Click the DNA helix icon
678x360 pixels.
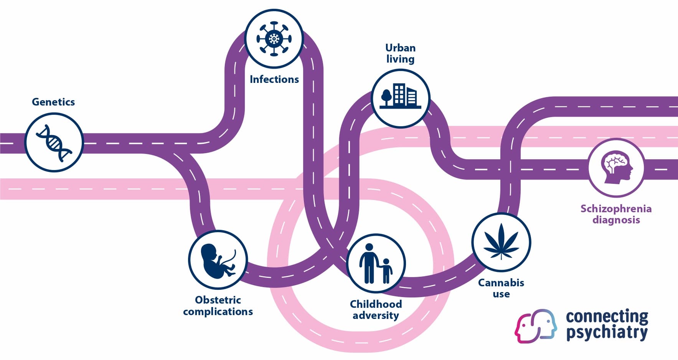click(54, 142)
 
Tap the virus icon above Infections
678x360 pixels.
click(274, 39)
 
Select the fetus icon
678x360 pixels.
click(218, 260)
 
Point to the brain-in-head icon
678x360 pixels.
click(616, 168)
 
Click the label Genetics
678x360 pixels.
click(53, 102)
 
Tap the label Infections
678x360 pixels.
click(274, 79)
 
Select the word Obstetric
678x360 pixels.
click(218, 300)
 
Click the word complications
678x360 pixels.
click(218, 311)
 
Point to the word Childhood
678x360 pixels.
click(376, 304)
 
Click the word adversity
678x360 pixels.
click(376, 315)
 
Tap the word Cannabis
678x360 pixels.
click(501, 283)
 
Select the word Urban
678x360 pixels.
click(400, 48)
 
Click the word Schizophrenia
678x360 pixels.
click(616, 209)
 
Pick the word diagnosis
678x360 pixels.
click(616, 220)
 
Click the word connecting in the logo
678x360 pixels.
click(607, 317)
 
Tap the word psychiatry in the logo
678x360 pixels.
click(607, 332)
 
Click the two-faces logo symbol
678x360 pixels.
click(536, 326)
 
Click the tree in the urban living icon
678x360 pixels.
click(386, 97)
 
